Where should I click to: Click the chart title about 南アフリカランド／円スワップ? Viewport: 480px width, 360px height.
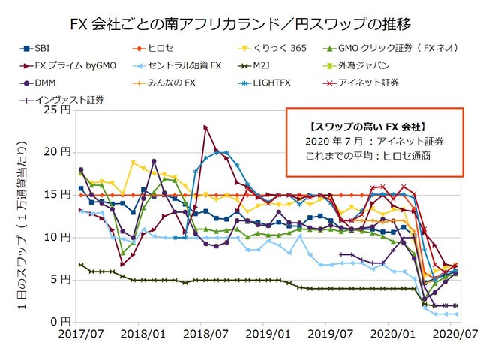[239, 24]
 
